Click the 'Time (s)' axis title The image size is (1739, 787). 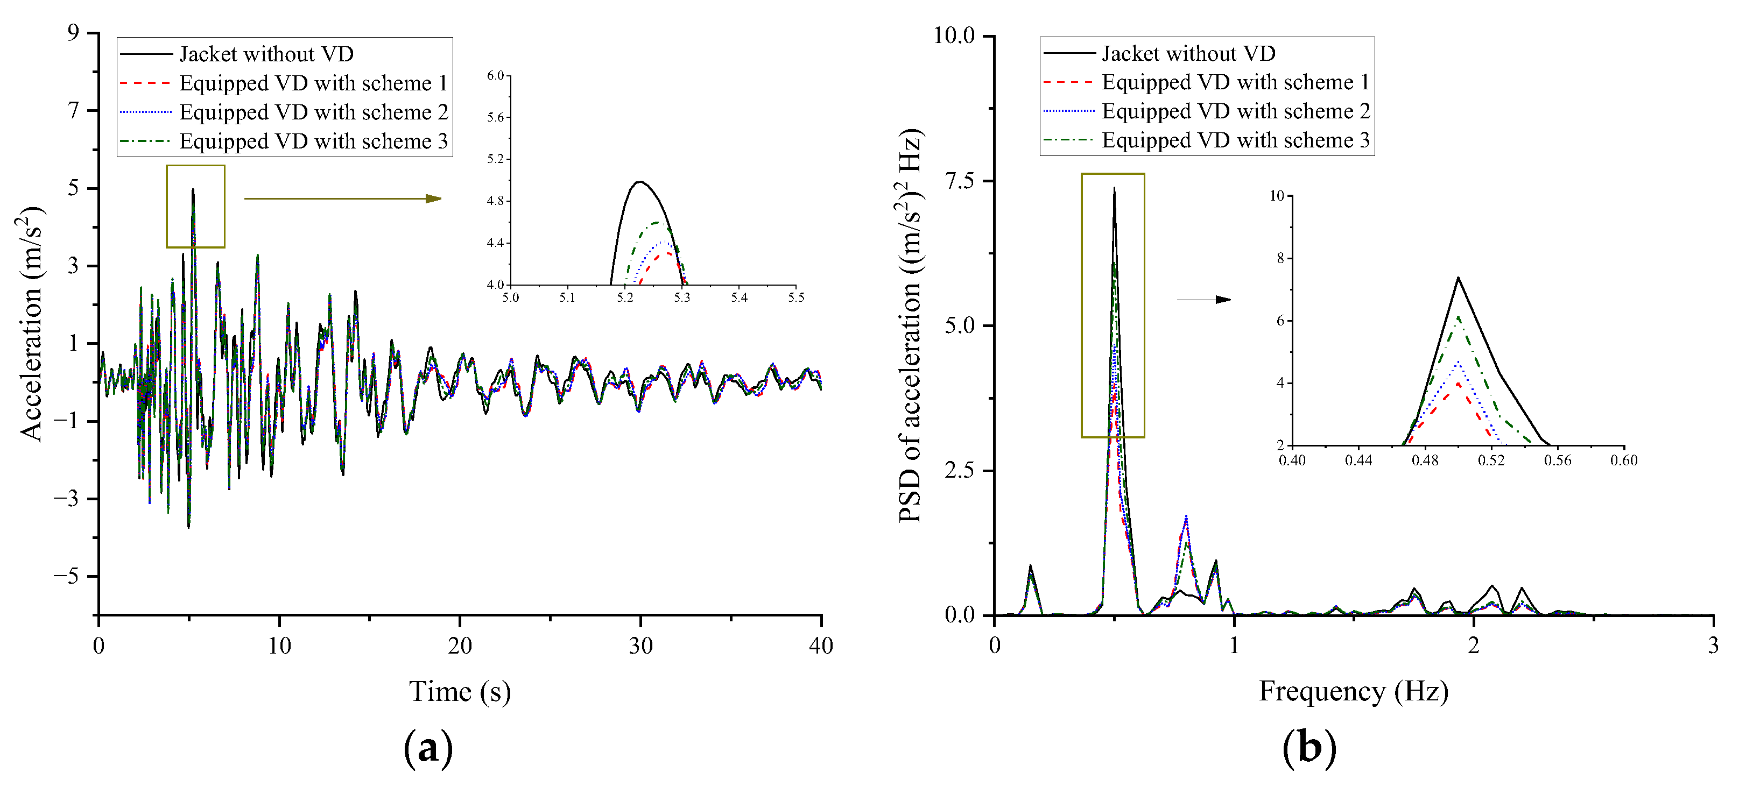[460, 692]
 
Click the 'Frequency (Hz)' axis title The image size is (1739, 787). [1354, 692]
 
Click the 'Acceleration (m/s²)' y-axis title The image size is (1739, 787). [30, 323]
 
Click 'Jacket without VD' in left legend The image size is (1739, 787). [266, 54]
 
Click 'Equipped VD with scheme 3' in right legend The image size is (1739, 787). [1235, 140]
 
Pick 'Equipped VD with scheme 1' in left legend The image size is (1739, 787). [313, 83]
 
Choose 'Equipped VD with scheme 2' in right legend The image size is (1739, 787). [1235, 111]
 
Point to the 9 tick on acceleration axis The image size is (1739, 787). [73, 32]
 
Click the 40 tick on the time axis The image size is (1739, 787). [821, 646]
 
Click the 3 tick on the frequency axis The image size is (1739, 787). [1713, 646]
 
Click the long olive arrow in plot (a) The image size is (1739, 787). [342, 198]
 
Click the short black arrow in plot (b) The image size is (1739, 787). [1203, 299]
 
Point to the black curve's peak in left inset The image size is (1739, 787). [639, 182]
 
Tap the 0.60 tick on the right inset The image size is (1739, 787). [1624, 460]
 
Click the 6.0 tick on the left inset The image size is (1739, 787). [496, 76]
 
